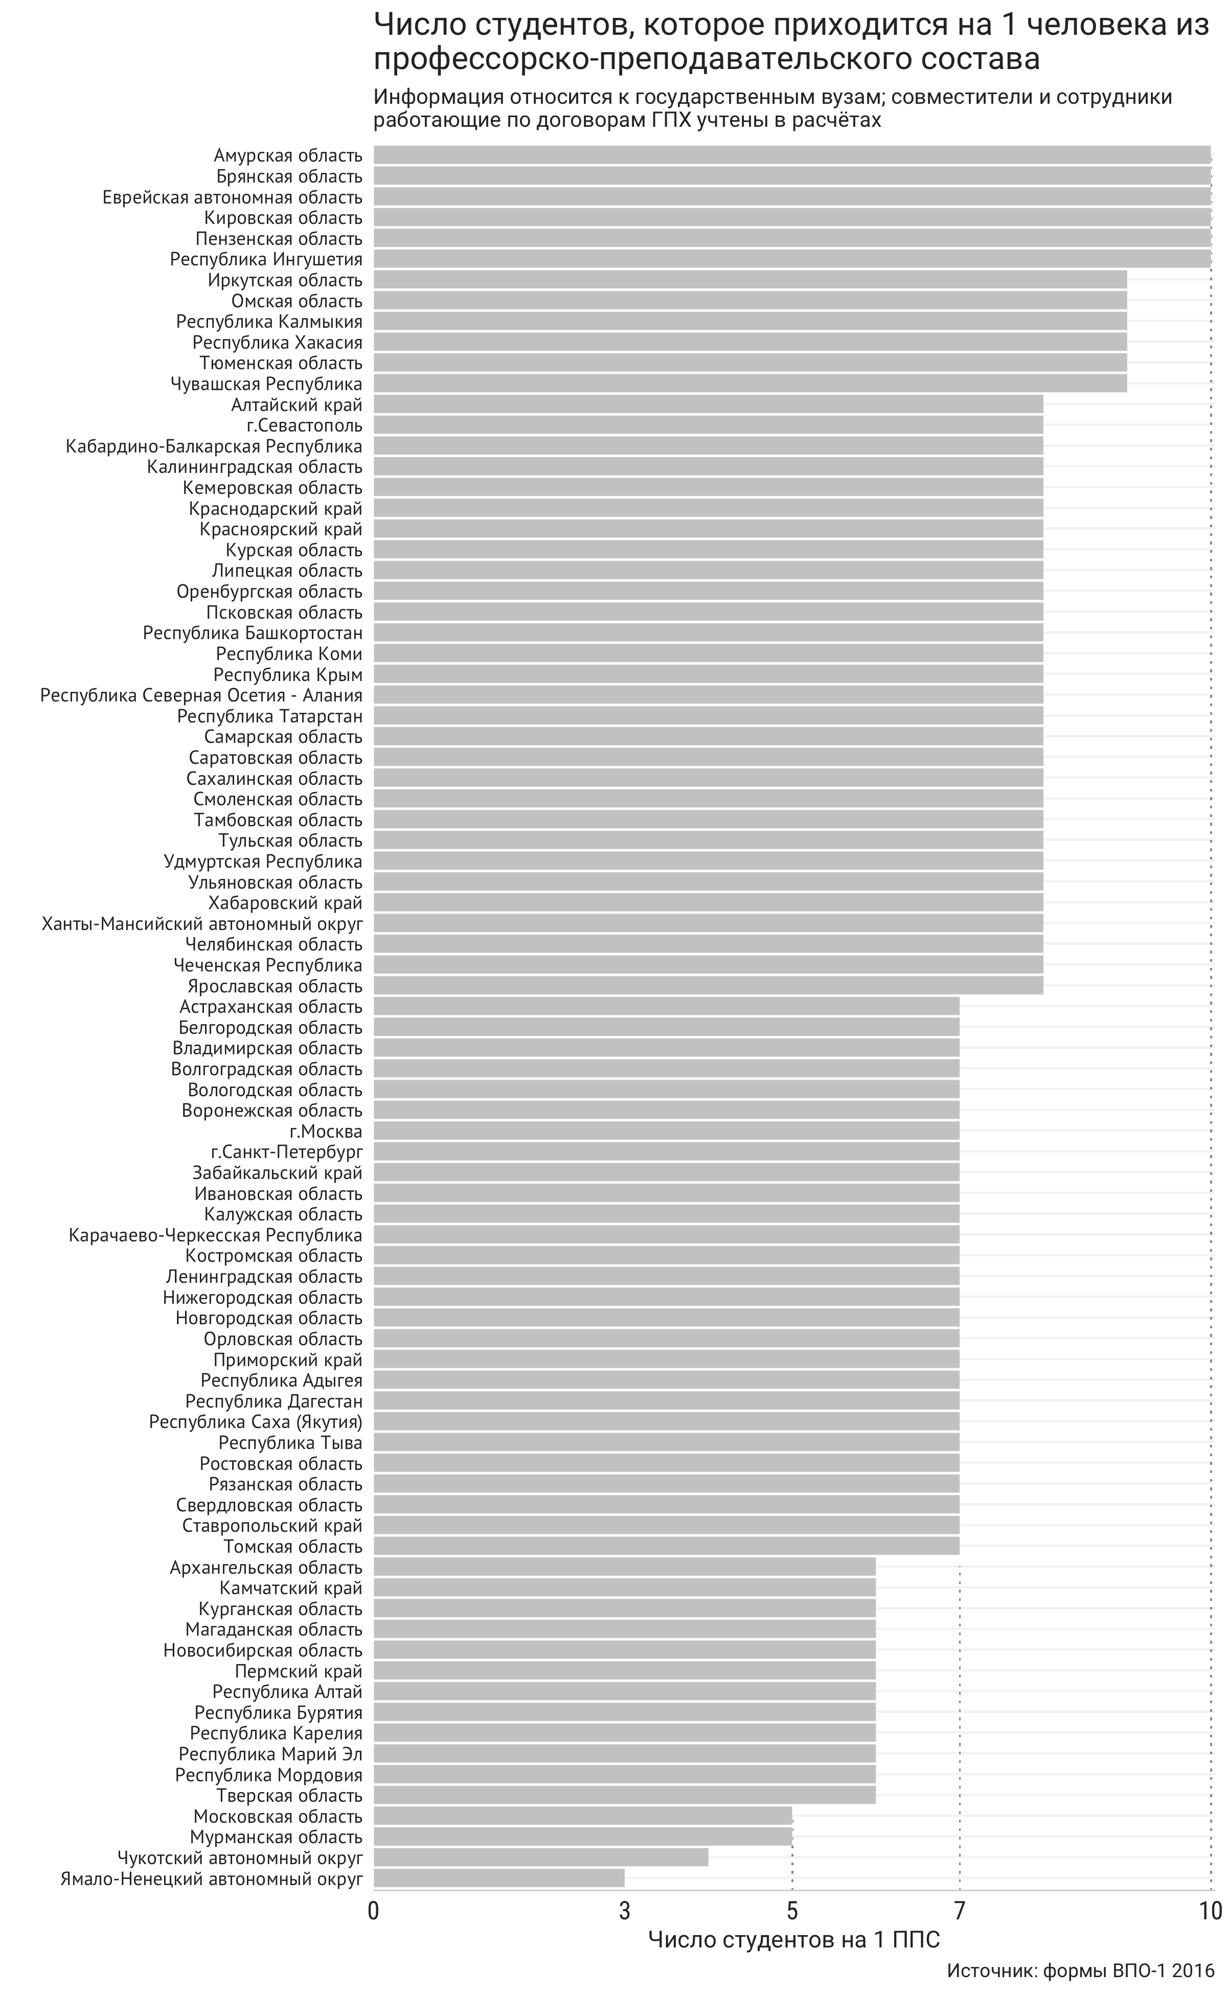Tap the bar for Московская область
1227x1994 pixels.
tap(583, 1816)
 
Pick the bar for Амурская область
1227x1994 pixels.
tap(792, 155)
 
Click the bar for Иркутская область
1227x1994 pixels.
tap(750, 280)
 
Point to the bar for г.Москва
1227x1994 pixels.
tap(666, 1131)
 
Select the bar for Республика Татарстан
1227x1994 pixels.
tap(709, 716)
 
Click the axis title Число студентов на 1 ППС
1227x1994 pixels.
tap(794, 1940)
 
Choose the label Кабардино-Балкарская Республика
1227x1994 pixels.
tap(214, 446)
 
